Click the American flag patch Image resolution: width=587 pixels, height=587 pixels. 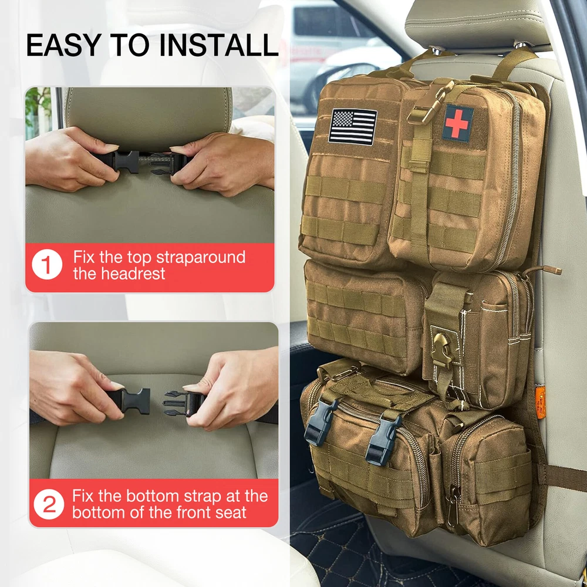click(353, 127)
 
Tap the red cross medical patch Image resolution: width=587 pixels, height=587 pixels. click(457, 123)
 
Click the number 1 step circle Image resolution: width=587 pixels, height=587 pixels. click(47, 264)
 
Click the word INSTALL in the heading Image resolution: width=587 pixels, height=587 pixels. click(219, 45)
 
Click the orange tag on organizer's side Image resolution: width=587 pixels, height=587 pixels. click(540, 403)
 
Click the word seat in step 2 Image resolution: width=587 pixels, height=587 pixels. click(231, 512)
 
